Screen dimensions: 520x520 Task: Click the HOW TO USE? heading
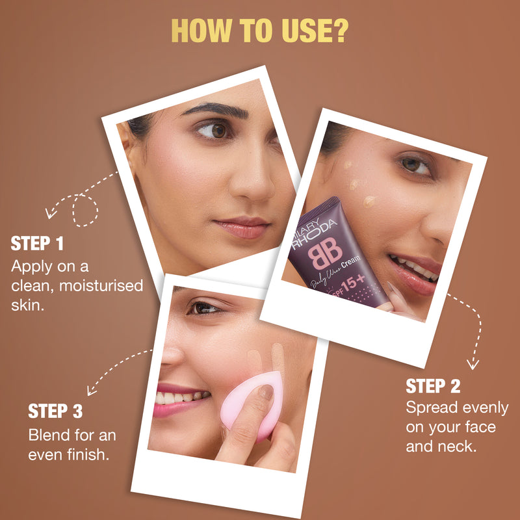click(x=259, y=31)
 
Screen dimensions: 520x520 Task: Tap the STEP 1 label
click(x=37, y=243)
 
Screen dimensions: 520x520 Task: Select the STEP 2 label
click(x=433, y=386)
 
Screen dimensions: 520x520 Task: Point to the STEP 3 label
click(x=55, y=411)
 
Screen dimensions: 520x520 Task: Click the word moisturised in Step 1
click(x=101, y=285)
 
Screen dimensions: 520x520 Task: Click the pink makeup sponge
click(x=253, y=405)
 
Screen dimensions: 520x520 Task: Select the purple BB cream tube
click(x=335, y=255)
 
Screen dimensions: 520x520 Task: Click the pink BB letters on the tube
click(x=325, y=253)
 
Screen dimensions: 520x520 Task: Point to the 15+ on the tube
click(x=354, y=283)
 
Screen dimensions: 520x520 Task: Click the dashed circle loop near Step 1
click(x=85, y=211)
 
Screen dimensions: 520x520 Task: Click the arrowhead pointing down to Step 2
click(x=473, y=364)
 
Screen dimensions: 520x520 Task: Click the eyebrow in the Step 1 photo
click(x=216, y=109)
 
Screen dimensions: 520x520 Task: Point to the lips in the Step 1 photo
click(x=242, y=227)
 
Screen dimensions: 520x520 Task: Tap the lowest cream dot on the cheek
click(x=369, y=201)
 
